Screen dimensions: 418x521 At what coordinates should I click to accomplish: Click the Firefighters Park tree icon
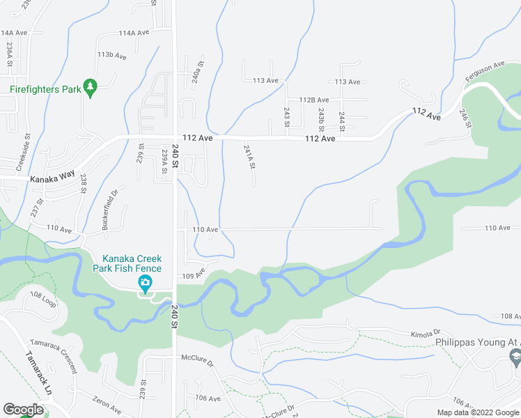pyautogui.click(x=90, y=86)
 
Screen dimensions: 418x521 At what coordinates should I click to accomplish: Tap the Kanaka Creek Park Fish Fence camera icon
pyautogui.click(x=145, y=283)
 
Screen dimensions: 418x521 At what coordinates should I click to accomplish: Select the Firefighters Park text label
pyautogui.click(x=42, y=89)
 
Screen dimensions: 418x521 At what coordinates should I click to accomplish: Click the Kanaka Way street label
pyautogui.click(x=51, y=179)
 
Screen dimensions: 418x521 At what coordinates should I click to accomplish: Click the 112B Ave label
pyautogui.click(x=313, y=100)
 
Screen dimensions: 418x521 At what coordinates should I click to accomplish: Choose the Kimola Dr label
pyautogui.click(x=426, y=334)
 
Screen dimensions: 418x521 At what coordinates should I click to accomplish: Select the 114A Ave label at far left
pyautogui.click(x=14, y=33)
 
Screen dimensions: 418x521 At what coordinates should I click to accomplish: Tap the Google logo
pyautogui.click(x=23, y=409)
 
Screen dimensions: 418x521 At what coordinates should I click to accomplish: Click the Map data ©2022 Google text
pyautogui.click(x=478, y=412)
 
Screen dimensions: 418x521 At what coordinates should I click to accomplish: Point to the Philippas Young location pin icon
pyautogui.click(x=515, y=359)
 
